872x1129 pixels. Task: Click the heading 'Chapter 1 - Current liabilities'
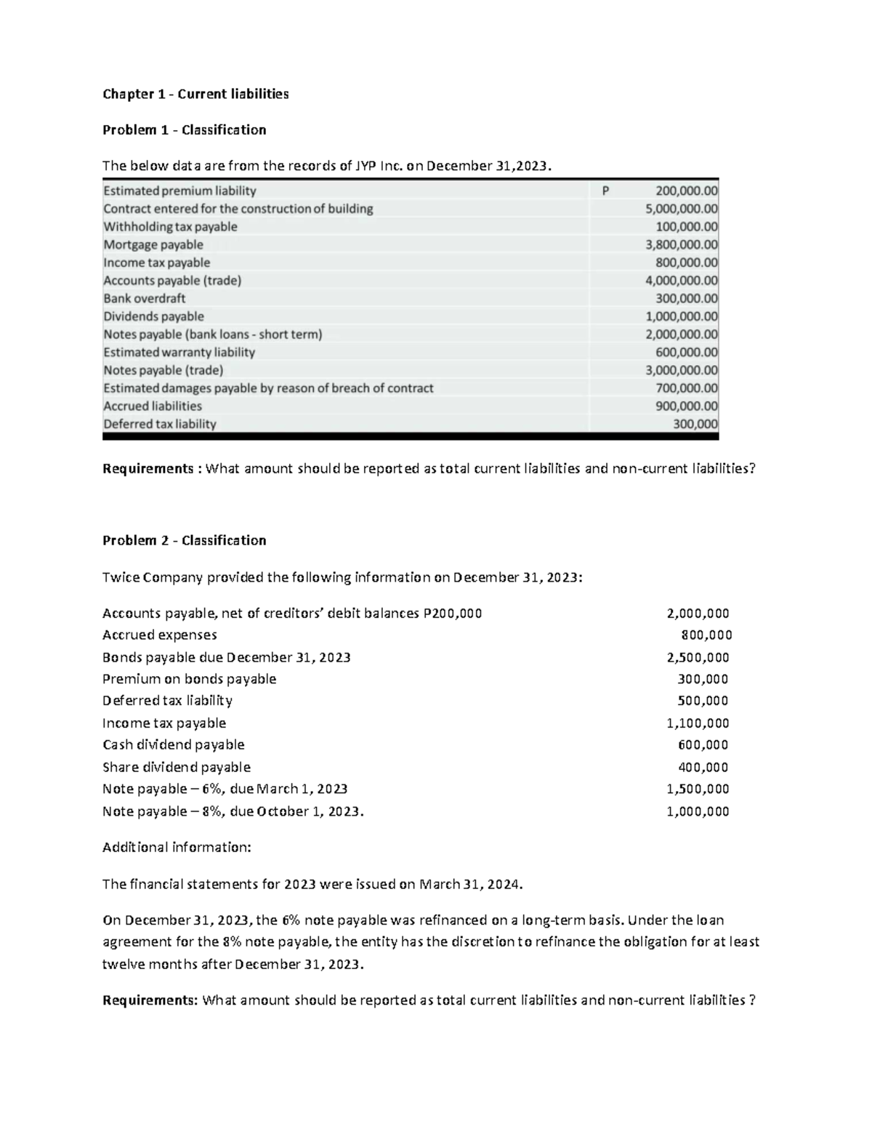[195, 94]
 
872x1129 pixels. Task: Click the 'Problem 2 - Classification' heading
[184, 540]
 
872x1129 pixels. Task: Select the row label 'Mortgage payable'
[153, 245]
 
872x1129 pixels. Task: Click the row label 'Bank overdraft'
[145, 299]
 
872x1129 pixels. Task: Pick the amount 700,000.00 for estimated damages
[686, 388]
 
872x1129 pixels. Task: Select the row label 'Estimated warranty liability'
[179, 353]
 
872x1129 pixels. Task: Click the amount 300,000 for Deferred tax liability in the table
[695, 425]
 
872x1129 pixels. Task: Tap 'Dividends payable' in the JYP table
[153, 317]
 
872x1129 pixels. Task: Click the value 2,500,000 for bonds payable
[698, 657]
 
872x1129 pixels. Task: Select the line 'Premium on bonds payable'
[189, 679]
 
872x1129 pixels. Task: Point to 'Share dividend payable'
[176, 767]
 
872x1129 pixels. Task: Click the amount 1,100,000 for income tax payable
[698, 723]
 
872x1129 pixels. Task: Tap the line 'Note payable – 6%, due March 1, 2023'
[225, 789]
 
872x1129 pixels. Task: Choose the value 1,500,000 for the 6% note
[698, 789]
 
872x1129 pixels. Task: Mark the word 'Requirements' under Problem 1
[148, 469]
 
